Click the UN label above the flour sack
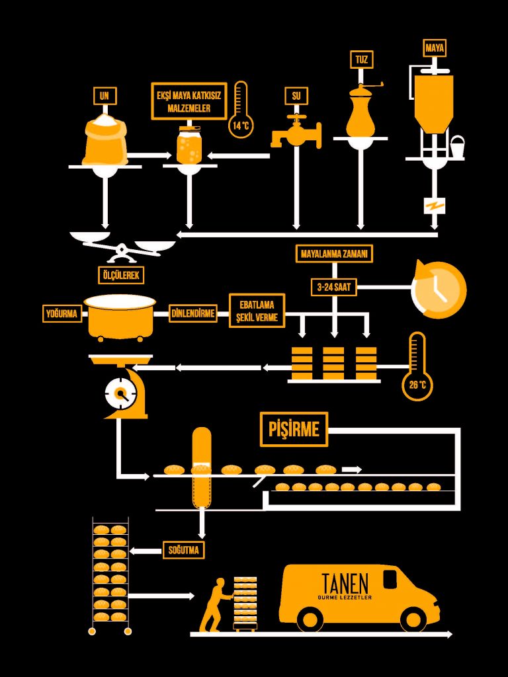104,97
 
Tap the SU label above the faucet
296,97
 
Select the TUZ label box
361,60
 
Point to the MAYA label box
434,48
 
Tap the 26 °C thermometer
417,367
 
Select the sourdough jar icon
189,146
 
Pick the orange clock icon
439,290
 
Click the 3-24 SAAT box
333,288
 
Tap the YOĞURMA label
62,313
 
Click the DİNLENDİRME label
193,313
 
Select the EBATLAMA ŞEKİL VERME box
257,311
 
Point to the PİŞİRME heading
294,430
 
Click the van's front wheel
413,618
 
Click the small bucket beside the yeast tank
457,144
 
